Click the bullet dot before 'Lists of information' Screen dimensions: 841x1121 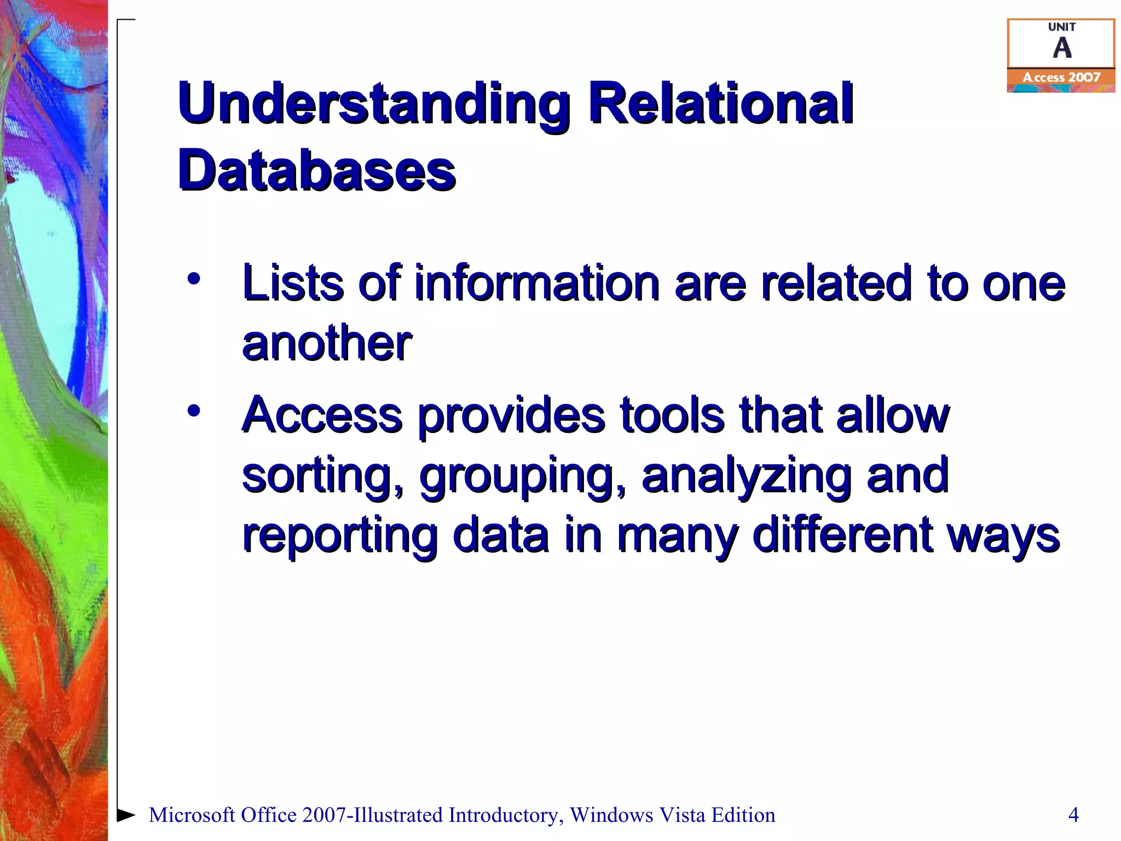pos(194,279)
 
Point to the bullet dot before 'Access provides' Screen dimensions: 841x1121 pos(194,410)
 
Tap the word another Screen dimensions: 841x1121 pos(327,343)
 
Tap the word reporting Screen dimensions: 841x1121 pos(339,536)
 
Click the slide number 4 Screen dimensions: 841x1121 pos(1073,815)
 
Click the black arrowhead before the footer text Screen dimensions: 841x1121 pos(126,815)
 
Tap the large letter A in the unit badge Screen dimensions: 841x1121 pos(1062,48)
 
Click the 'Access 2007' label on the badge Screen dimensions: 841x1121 pos(1061,78)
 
